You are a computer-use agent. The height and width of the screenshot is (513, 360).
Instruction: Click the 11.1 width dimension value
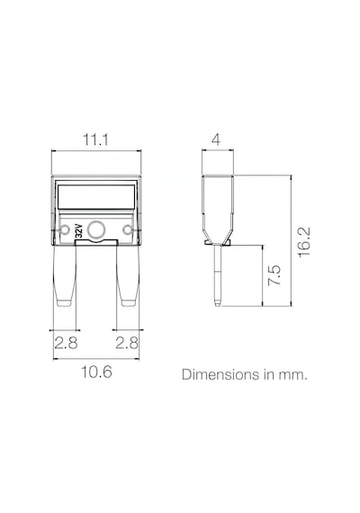[95, 139]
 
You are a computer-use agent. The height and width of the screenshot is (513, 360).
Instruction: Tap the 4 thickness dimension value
[216, 139]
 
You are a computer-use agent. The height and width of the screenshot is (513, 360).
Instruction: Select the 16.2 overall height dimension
[303, 242]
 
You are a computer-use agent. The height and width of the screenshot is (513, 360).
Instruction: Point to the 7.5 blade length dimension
[274, 275]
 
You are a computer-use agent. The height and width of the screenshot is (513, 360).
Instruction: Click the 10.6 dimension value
[96, 372]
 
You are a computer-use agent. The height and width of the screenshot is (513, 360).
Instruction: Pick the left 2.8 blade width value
[66, 343]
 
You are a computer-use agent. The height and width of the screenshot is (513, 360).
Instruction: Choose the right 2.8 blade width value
[127, 343]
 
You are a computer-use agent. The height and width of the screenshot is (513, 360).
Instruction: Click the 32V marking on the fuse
[78, 231]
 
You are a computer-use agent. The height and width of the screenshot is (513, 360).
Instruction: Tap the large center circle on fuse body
[96, 229]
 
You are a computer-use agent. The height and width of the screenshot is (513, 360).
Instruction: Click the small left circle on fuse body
[65, 229]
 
